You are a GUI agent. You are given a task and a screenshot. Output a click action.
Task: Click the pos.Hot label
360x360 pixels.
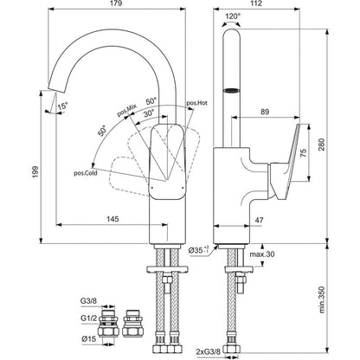pos(198,103)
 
